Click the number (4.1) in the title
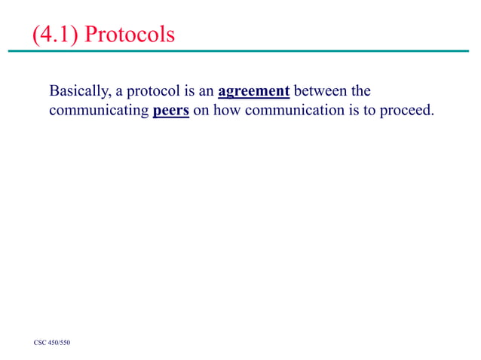point(56,35)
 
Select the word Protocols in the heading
point(131,35)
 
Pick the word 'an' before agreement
point(206,92)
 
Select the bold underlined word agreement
point(254,92)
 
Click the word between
point(320,92)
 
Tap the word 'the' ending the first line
point(361,92)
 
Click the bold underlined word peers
point(170,112)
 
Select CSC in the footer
point(41,343)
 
